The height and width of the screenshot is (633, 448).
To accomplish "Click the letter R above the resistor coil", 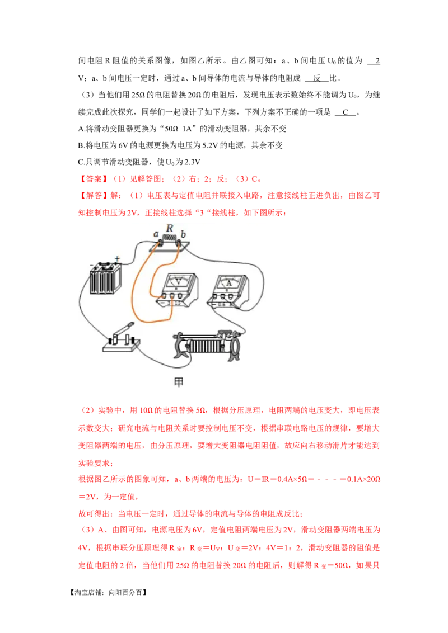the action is coord(170,228).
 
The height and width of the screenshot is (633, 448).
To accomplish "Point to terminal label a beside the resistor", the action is coord(156,234).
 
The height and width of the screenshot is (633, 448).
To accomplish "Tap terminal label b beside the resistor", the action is coord(183,234).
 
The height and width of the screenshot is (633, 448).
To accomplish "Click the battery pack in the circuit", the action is coord(106,278).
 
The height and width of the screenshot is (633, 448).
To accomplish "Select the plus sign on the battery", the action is coord(117,258).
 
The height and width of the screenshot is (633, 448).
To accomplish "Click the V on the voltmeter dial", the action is coord(178,282).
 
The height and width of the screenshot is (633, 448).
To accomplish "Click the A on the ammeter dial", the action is coord(229,282).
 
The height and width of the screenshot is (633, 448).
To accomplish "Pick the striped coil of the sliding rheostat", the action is coord(206,347).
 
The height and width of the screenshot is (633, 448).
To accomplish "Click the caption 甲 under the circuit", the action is coord(179,381).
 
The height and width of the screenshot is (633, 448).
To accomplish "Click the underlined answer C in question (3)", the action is coord(346,112).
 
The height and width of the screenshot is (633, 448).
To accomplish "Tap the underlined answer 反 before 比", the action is coord(317,78).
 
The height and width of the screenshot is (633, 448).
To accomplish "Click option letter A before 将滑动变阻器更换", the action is coord(81,129).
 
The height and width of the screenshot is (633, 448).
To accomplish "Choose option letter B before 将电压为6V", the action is coord(81,145).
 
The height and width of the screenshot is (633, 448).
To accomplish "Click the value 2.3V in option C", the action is coord(192,162).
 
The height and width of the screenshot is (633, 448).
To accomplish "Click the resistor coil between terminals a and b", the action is coord(170,239).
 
